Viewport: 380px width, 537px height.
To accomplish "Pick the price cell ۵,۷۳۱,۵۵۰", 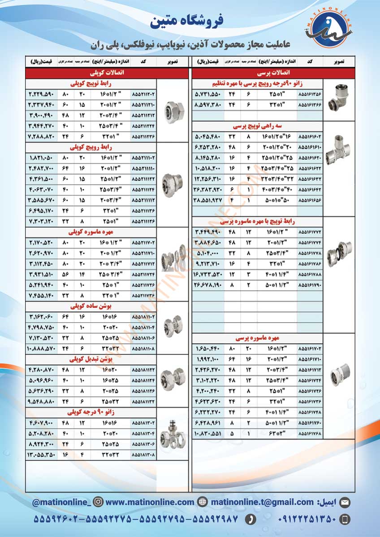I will [208, 95].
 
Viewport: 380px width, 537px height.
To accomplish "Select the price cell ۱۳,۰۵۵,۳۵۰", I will [42, 455].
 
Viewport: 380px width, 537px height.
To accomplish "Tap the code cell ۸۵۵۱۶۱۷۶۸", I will [310, 433].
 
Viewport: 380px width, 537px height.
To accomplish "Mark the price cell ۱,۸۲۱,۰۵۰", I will [42, 158].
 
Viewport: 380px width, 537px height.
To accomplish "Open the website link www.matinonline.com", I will [150, 502].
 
